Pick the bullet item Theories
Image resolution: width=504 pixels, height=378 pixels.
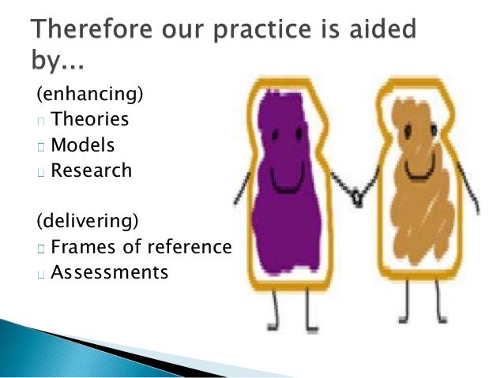89,121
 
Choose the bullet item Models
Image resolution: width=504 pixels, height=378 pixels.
83,146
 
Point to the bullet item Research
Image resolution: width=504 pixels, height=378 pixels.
91,170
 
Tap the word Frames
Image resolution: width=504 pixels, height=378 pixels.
85,247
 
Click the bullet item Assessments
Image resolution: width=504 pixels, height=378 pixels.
109,272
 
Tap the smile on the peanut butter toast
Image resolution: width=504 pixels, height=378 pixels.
419,170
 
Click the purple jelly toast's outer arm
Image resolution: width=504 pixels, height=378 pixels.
242,185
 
